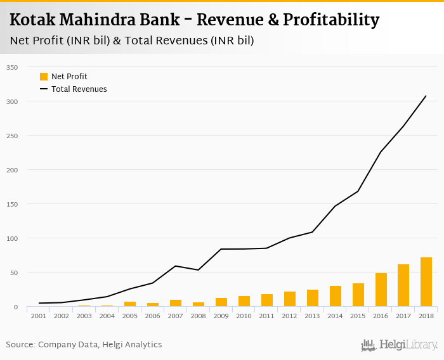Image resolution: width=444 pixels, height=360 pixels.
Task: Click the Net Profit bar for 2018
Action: (426, 282)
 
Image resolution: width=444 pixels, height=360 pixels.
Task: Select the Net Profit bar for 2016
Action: (381, 290)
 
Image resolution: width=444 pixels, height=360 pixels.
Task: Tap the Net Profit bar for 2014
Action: (335, 296)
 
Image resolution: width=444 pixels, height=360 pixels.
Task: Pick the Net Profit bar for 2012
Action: (289, 299)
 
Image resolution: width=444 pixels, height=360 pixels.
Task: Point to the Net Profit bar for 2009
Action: (221, 302)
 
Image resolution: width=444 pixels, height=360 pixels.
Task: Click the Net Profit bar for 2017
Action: (403, 285)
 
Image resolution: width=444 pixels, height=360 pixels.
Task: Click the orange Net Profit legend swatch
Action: (44, 77)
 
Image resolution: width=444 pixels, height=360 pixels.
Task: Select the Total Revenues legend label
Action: (79, 89)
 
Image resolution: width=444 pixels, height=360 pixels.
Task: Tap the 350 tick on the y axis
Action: (12, 67)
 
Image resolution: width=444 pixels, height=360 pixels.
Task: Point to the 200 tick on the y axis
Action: (12, 170)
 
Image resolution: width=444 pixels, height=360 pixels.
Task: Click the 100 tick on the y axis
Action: (12, 238)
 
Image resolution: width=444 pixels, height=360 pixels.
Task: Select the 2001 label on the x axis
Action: (38, 316)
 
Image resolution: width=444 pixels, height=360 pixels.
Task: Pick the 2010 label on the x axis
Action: (244, 316)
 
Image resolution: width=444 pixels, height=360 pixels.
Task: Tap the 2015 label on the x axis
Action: (358, 316)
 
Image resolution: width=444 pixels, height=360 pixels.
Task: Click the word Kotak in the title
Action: (32, 20)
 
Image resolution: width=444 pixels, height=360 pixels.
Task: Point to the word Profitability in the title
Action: (330, 20)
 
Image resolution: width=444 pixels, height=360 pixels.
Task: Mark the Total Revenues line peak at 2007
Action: (175, 266)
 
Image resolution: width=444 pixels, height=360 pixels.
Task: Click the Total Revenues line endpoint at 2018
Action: (426, 96)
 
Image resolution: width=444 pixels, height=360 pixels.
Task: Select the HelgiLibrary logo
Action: (400, 345)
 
